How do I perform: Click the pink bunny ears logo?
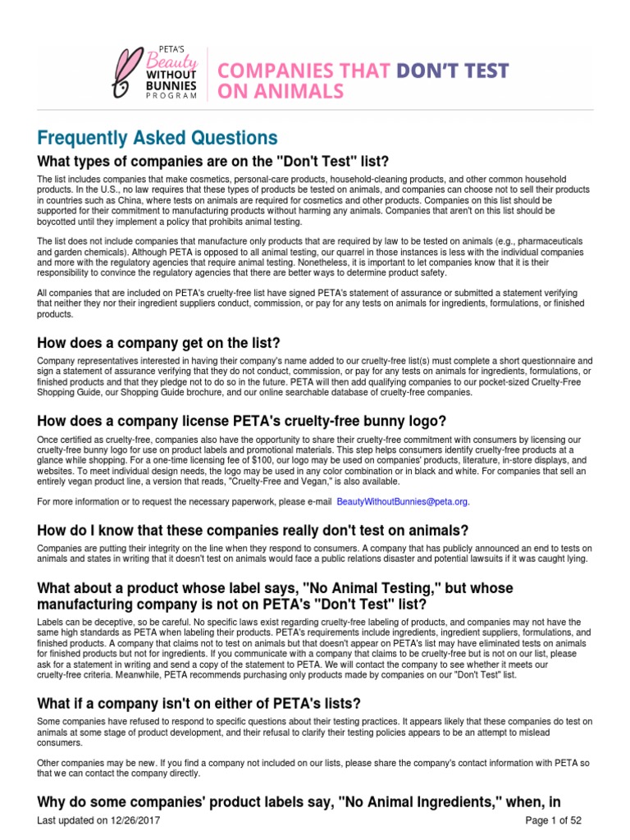[130, 73]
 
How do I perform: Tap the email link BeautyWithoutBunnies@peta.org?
[409, 501]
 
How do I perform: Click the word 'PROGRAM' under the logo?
[172, 95]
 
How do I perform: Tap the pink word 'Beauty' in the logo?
[172, 62]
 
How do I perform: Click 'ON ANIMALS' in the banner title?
[278, 92]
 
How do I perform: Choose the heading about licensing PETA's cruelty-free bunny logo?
[241, 421]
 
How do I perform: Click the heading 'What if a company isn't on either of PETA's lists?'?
[199, 703]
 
